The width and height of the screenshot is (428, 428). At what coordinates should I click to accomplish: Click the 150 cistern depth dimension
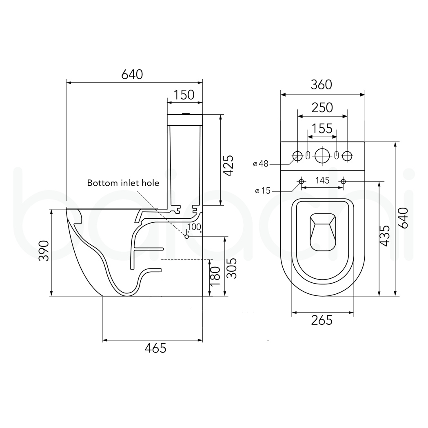click(x=184, y=95)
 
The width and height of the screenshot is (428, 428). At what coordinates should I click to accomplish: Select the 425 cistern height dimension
click(x=229, y=165)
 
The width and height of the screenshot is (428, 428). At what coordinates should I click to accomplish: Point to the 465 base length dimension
click(x=156, y=348)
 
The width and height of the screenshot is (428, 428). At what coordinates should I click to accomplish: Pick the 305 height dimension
click(x=232, y=268)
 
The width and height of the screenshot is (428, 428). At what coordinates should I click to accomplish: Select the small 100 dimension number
click(x=194, y=226)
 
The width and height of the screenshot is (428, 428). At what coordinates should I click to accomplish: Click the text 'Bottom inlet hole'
click(x=123, y=183)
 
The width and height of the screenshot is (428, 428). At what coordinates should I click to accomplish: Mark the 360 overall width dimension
click(x=322, y=84)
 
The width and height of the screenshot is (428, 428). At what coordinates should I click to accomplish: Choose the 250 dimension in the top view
click(x=322, y=107)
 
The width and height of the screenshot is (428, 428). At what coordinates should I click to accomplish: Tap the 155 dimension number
click(x=322, y=129)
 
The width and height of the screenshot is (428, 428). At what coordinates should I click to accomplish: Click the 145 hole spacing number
click(x=322, y=180)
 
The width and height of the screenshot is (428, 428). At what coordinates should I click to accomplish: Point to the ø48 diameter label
click(x=261, y=164)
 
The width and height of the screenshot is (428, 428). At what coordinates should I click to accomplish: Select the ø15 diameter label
click(x=263, y=191)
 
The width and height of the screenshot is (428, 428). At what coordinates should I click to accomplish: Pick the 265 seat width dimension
click(x=322, y=320)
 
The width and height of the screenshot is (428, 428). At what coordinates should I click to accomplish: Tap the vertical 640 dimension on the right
click(x=403, y=218)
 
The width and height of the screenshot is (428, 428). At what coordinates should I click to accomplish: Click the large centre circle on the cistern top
click(x=322, y=155)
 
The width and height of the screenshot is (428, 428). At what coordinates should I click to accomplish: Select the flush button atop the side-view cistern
click(x=185, y=114)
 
